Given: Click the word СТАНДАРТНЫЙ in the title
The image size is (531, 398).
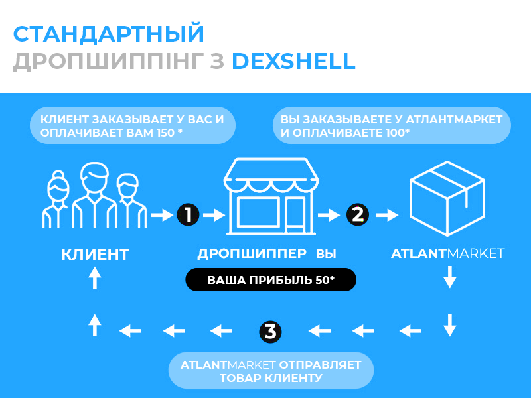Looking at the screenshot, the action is (x=108, y=34).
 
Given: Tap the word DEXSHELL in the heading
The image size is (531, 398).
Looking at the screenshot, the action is (x=293, y=61).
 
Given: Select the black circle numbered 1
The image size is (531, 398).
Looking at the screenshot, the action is (x=188, y=214).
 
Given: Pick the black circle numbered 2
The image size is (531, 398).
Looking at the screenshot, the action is (x=358, y=214).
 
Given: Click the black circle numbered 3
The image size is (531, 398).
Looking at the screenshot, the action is (x=270, y=332).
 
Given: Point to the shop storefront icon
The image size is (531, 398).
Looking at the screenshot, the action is (x=271, y=196).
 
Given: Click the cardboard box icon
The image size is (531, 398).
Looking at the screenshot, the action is (x=447, y=198).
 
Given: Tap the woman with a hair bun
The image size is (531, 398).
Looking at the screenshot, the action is (x=56, y=200).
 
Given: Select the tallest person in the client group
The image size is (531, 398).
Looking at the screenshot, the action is (x=94, y=195).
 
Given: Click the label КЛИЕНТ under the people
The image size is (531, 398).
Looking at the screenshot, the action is (x=95, y=255).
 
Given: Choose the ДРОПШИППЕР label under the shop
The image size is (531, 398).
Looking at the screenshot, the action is (x=252, y=253).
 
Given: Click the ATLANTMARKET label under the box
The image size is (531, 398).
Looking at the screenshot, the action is (x=447, y=253).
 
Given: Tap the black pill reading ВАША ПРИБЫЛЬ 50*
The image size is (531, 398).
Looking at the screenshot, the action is (x=271, y=280).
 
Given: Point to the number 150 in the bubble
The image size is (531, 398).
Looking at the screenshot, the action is (x=165, y=133).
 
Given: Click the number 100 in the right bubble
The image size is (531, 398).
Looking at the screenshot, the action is (x=395, y=133).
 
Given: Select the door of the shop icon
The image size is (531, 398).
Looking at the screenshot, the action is (x=295, y=215).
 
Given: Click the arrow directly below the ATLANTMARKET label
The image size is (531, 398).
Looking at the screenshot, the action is (x=450, y=277).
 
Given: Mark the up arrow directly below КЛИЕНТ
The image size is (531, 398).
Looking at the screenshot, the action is (x=95, y=277).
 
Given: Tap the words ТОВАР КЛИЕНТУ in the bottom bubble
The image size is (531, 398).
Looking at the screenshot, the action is (x=271, y=378).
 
